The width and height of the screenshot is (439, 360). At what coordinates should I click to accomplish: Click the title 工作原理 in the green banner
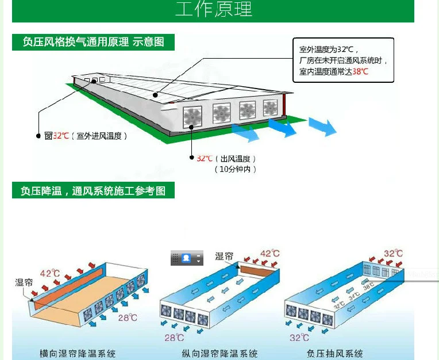click(x=213, y=10)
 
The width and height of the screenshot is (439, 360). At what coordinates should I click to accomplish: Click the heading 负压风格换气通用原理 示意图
click(x=93, y=42)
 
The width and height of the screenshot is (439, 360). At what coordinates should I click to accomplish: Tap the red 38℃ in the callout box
click(x=360, y=72)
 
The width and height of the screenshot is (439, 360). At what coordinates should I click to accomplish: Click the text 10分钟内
click(x=235, y=169)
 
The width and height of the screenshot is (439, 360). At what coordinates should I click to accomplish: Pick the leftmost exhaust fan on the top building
click(x=193, y=116)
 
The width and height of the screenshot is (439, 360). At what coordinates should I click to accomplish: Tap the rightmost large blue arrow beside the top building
click(x=322, y=127)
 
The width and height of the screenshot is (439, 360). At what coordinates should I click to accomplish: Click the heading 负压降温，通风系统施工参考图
click(x=93, y=190)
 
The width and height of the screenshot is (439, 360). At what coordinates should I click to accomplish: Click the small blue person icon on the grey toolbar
click(x=186, y=258)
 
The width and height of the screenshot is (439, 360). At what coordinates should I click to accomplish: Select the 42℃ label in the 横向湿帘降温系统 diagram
click(x=50, y=273)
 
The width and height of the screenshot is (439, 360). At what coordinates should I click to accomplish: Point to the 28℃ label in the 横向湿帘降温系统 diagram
click(x=128, y=317)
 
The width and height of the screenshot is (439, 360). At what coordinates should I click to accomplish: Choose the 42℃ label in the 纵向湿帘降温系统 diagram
click(x=269, y=254)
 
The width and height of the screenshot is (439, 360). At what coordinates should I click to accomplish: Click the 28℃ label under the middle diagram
click(x=174, y=338)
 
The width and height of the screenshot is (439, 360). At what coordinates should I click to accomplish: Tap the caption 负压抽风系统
click(x=335, y=353)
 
